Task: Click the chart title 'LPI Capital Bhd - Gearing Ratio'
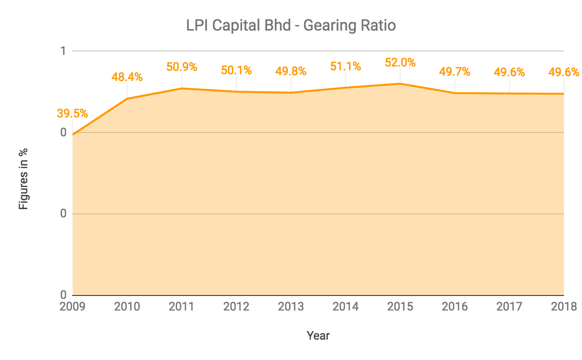[291, 25]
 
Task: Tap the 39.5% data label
[72, 114]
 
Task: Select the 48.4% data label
[127, 77]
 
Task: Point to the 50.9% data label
[182, 66]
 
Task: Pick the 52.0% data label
[400, 62]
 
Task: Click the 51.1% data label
[345, 66]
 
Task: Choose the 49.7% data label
[455, 72]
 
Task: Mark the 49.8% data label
[291, 71]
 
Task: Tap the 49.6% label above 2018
[564, 72]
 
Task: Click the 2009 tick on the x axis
[72, 307]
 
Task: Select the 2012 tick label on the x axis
[236, 307]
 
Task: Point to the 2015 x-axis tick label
[400, 307]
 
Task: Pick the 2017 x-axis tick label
[509, 307]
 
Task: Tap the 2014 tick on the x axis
[345, 307]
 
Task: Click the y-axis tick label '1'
[63, 51]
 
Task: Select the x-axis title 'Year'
[318, 335]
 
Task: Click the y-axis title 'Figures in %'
[23, 179]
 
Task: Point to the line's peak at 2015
[400, 83]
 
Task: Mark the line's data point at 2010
[127, 98]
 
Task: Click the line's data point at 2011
[182, 88]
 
